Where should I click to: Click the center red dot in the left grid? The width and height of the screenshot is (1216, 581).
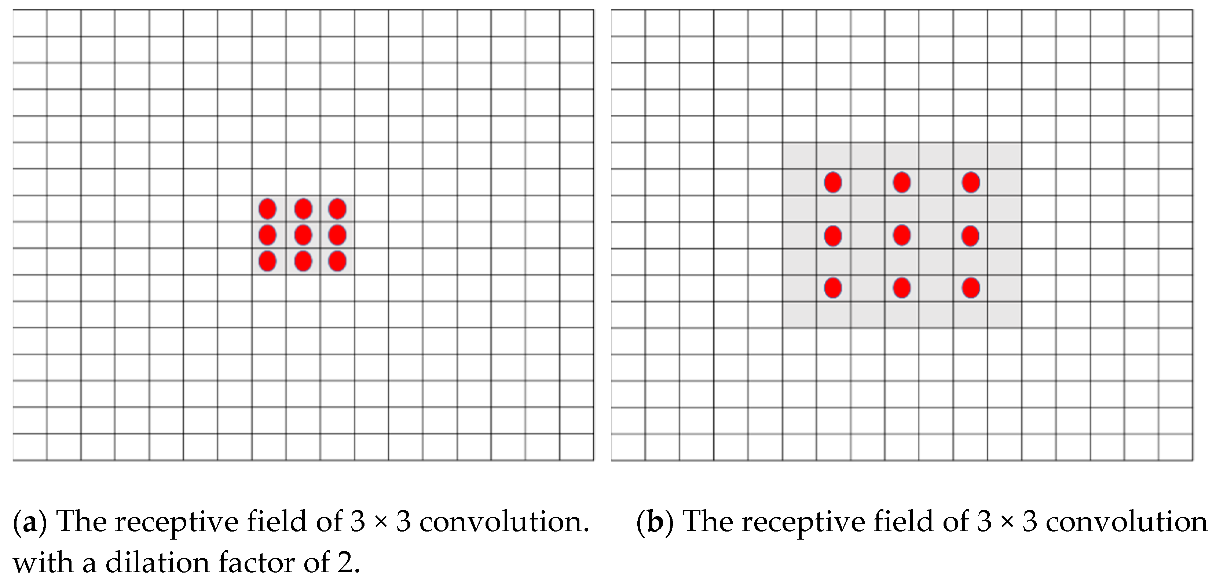(x=303, y=235)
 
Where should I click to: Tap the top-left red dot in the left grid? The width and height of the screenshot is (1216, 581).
(x=268, y=208)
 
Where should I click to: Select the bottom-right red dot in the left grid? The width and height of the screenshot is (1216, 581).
(x=337, y=261)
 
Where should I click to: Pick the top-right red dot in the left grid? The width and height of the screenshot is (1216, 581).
(x=337, y=208)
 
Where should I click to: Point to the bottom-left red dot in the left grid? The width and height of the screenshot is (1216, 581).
(x=268, y=261)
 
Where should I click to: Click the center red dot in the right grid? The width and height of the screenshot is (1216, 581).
(x=902, y=235)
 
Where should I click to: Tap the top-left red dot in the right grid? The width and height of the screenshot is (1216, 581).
(x=833, y=182)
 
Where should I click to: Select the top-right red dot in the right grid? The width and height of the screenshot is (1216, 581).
(x=971, y=182)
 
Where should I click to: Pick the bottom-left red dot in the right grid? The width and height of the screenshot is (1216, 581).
(x=833, y=288)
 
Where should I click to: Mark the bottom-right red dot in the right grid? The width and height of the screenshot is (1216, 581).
(x=971, y=288)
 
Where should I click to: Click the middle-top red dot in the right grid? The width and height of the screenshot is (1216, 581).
(x=902, y=182)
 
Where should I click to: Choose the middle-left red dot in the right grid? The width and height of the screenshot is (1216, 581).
(x=833, y=235)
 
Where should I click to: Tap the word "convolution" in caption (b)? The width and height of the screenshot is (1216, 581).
(x=1126, y=522)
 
